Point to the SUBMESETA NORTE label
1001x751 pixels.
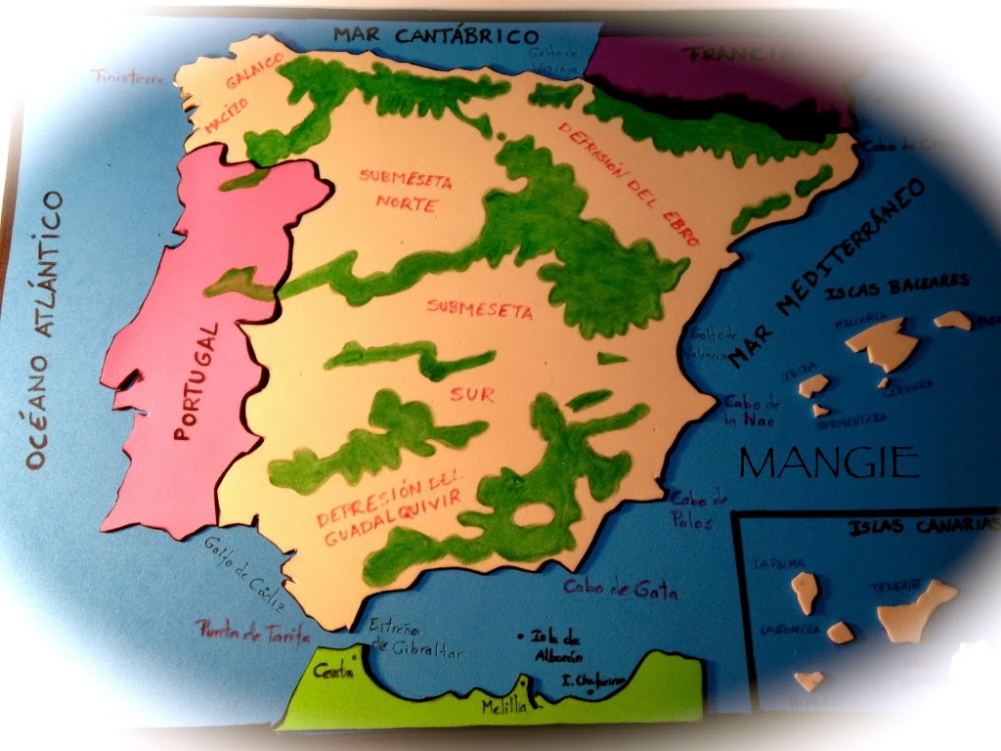tap(398, 192)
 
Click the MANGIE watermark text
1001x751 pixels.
tap(829, 461)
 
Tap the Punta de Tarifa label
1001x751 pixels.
tap(252, 632)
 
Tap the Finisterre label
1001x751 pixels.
tap(129, 75)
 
